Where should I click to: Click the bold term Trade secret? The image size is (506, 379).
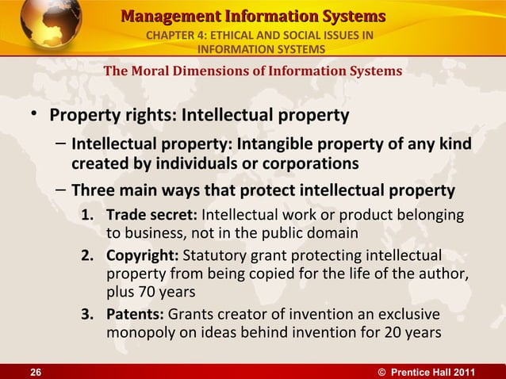[152, 216]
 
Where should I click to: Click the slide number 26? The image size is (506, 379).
[14, 371]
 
